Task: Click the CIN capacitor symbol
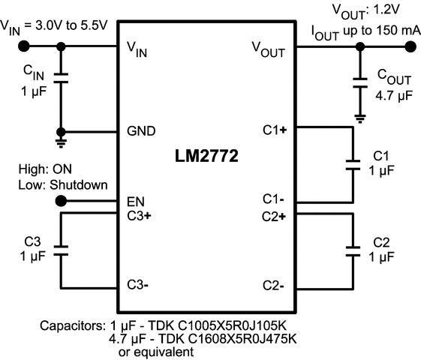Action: coord(62,77)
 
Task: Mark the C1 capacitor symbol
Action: coord(350,165)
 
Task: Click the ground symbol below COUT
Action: coord(361,117)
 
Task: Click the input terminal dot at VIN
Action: coord(24,46)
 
